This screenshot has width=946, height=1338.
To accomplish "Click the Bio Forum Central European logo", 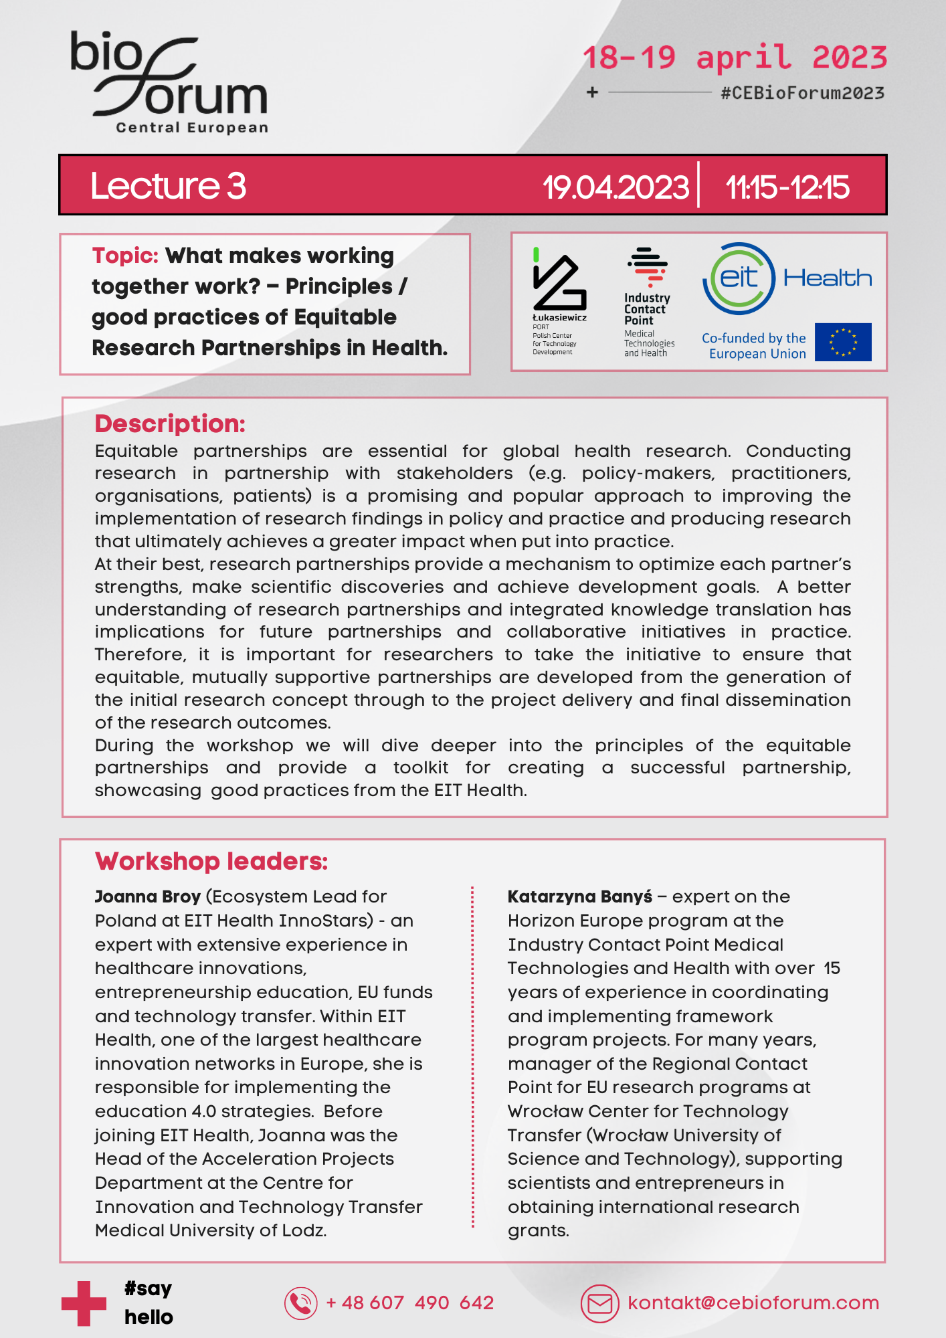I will pyautogui.click(x=169, y=82).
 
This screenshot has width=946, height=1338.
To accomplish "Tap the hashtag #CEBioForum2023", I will pyautogui.click(x=802, y=93).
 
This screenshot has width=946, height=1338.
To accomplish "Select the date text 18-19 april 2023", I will pyautogui.click(x=735, y=58).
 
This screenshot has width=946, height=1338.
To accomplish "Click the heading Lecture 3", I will pyautogui.click(x=168, y=186).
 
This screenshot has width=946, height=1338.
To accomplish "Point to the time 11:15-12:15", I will pyautogui.click(x=787, y=187).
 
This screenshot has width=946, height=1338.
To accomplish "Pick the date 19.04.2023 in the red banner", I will pyautogui.click(x=616, y=187).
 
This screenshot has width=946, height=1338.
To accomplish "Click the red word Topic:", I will pyautogui.click(x=125, y=256).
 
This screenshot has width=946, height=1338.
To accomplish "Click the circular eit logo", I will pyautogui.click(x=739, y=278).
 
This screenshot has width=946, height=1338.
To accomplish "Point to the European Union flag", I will pyautogui.click(x=843, y=342).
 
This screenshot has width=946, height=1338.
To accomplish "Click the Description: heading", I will pyautogui.click(x=170, y=423).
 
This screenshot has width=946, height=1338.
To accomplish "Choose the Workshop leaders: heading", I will pyautogui.click(x=211, y=861).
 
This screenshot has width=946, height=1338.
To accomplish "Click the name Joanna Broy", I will pyautogui.click(x=148, y=896).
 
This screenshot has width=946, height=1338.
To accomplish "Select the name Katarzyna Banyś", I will pyautogui.click(x=579, y=896).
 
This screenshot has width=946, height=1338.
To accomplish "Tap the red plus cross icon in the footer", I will pyautogui.click(x=84, y=1303).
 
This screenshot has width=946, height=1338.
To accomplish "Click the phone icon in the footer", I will pyautogui.click(x=301, y=1303).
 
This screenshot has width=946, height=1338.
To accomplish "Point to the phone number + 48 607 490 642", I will pyautogui.click(x=409, y=1303).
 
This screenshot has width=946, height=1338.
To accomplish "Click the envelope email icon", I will pyautogui.click(x=599, y=1303).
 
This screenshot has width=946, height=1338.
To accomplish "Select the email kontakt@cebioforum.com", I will pyautogui.click(x=753, y=1303).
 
